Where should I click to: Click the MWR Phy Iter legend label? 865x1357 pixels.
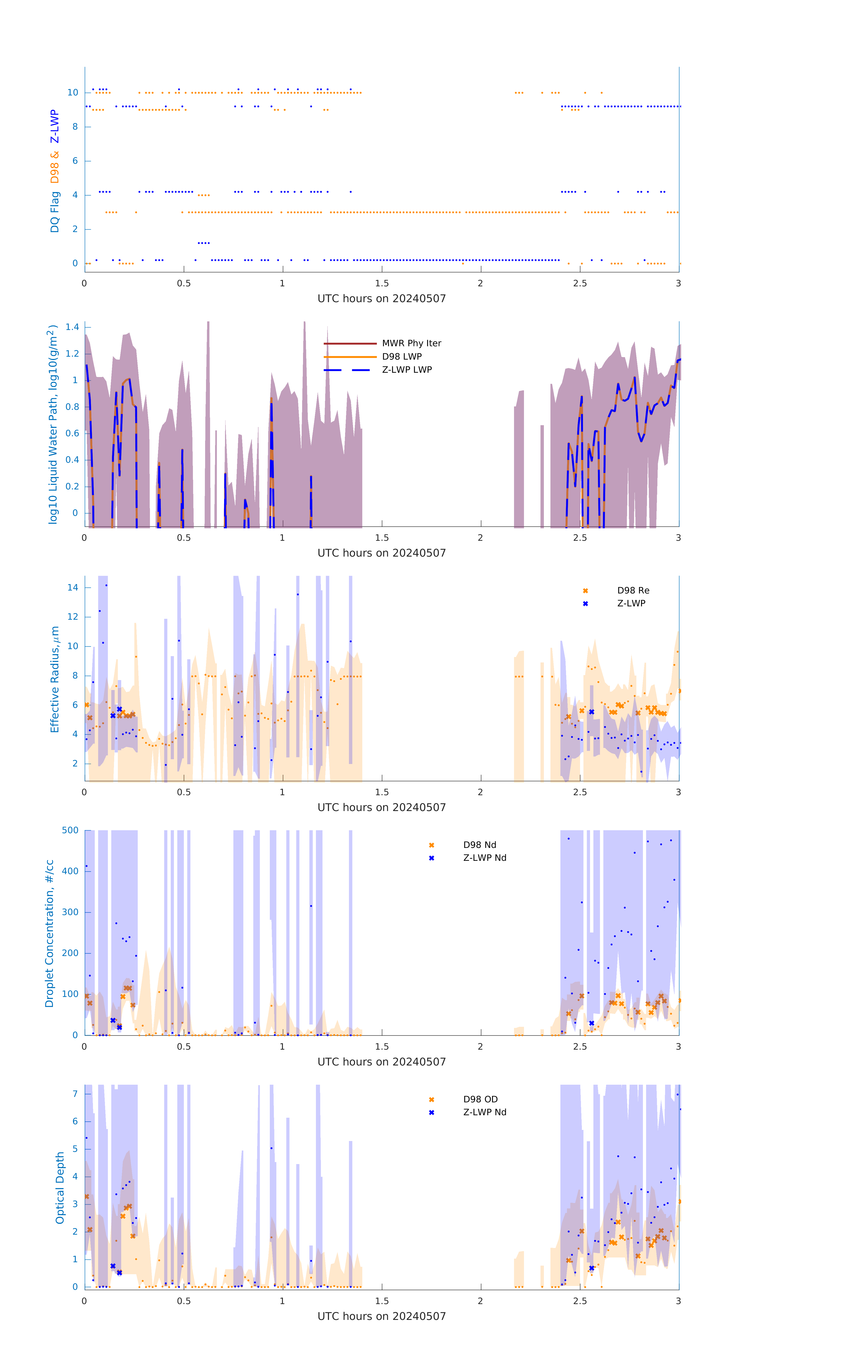click(411, 343)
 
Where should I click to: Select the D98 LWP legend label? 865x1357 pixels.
click(402, 356)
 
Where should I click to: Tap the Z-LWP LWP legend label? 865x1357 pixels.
click(407, 370)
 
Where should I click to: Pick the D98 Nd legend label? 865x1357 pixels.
click(480, 845)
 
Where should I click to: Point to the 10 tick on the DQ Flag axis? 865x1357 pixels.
click(73, 93)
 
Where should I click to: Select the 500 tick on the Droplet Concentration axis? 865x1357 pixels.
click(70, 830)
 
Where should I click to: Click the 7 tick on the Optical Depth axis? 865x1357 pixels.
click(75, 1094)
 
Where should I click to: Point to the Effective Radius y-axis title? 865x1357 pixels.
click(55, 679)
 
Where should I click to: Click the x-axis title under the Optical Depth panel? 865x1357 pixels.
click(382, 1316)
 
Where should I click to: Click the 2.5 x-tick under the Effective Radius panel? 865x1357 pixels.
click(580, 792)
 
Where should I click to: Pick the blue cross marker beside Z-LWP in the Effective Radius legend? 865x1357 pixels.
click(585, 604)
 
